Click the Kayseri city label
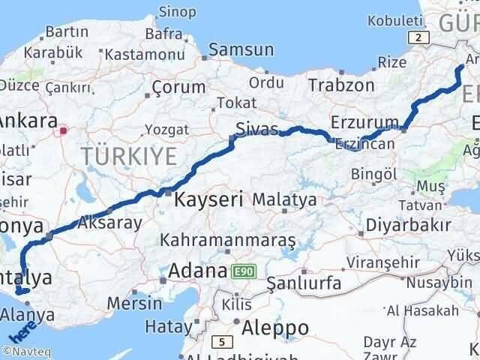[208, 200]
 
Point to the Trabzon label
[340, 85]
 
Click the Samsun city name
[241, 49]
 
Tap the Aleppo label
[275, 328]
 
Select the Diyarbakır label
[409, 225]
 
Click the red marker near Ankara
[64, 130]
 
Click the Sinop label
[179, 12]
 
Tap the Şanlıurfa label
[304, 283]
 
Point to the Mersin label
[135, 304]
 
